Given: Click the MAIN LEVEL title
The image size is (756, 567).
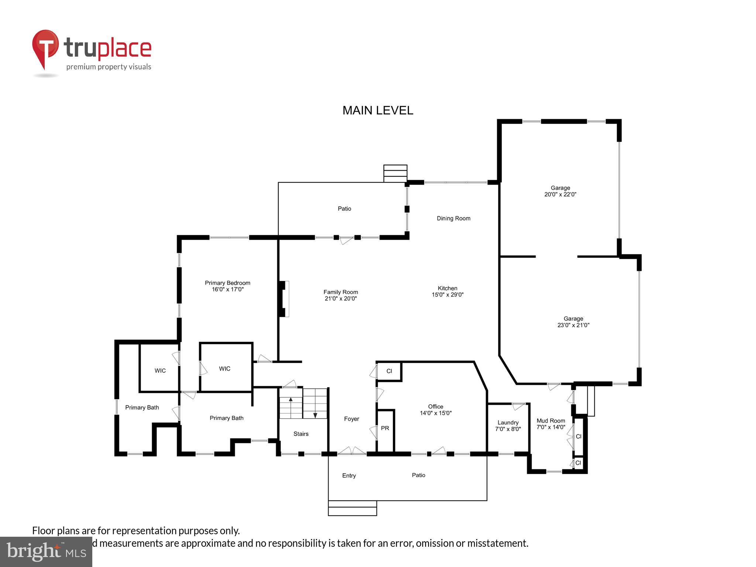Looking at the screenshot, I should coord(378,110).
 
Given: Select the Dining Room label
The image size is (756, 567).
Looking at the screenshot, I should coord(453,218).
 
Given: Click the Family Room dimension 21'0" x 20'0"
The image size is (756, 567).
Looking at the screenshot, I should coord(340,298).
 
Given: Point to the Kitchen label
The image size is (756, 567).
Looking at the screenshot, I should coord(447,288).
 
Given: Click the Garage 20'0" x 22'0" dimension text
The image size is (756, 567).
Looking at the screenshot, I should coord(560,194).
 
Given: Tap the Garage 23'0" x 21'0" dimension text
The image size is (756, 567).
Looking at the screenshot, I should coord(573,325).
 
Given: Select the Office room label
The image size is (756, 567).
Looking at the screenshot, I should coord(436,406).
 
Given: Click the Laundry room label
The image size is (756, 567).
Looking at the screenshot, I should coord(508,422).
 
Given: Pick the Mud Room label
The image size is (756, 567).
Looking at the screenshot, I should coord(551,420).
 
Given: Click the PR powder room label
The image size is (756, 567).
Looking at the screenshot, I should coord(385,428).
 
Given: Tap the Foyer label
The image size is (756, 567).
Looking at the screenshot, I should coord(351,419).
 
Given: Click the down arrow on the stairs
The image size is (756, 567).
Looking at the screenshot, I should coord(315,415).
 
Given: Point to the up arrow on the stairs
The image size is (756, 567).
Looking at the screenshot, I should coord(291,400).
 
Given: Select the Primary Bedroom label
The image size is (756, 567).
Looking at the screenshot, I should coord(227,283).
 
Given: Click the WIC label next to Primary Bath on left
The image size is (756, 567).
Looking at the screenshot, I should coord(160,370).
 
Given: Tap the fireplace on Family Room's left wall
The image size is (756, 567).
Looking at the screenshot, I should coord(283,299).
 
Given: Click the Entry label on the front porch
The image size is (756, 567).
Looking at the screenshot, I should coord(349,475).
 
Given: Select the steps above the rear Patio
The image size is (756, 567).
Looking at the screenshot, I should coord(395,173).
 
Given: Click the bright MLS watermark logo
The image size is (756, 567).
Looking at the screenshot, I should coord(46,551).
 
